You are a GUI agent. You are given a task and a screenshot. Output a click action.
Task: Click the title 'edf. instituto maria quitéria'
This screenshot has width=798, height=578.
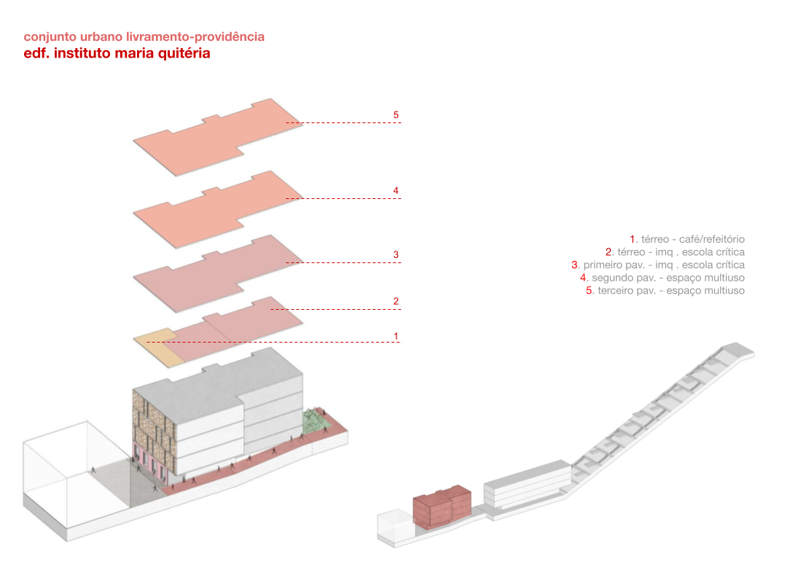tap(117, 53)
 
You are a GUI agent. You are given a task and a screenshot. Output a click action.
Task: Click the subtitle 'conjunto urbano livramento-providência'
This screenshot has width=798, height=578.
tap(144, 36)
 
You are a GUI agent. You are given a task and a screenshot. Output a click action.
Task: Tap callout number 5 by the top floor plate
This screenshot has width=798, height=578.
tap(396, 115)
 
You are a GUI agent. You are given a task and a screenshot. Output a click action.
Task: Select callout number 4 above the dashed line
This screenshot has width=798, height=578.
tap(396, 191)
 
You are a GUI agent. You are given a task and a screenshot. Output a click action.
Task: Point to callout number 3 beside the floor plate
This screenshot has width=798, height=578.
tap(396, 254)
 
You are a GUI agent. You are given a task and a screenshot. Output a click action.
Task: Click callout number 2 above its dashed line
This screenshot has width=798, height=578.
tap(396, 301)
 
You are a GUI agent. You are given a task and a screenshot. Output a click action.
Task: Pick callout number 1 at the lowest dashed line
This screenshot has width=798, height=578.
tap(396, 336)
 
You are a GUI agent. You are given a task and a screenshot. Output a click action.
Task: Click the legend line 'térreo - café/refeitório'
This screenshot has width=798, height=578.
tap(687, 239)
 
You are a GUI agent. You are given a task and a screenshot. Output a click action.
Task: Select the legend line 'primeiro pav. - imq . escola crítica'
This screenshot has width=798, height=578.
tap(658, 265)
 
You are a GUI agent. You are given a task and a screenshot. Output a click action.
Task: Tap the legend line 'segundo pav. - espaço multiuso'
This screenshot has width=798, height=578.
tap(662, 278)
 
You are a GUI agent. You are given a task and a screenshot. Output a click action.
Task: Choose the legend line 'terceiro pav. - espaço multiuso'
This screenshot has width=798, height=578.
tap(665, 291)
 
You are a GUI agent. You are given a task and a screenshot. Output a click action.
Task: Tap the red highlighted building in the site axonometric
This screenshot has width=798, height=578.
tap(441, 507)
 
